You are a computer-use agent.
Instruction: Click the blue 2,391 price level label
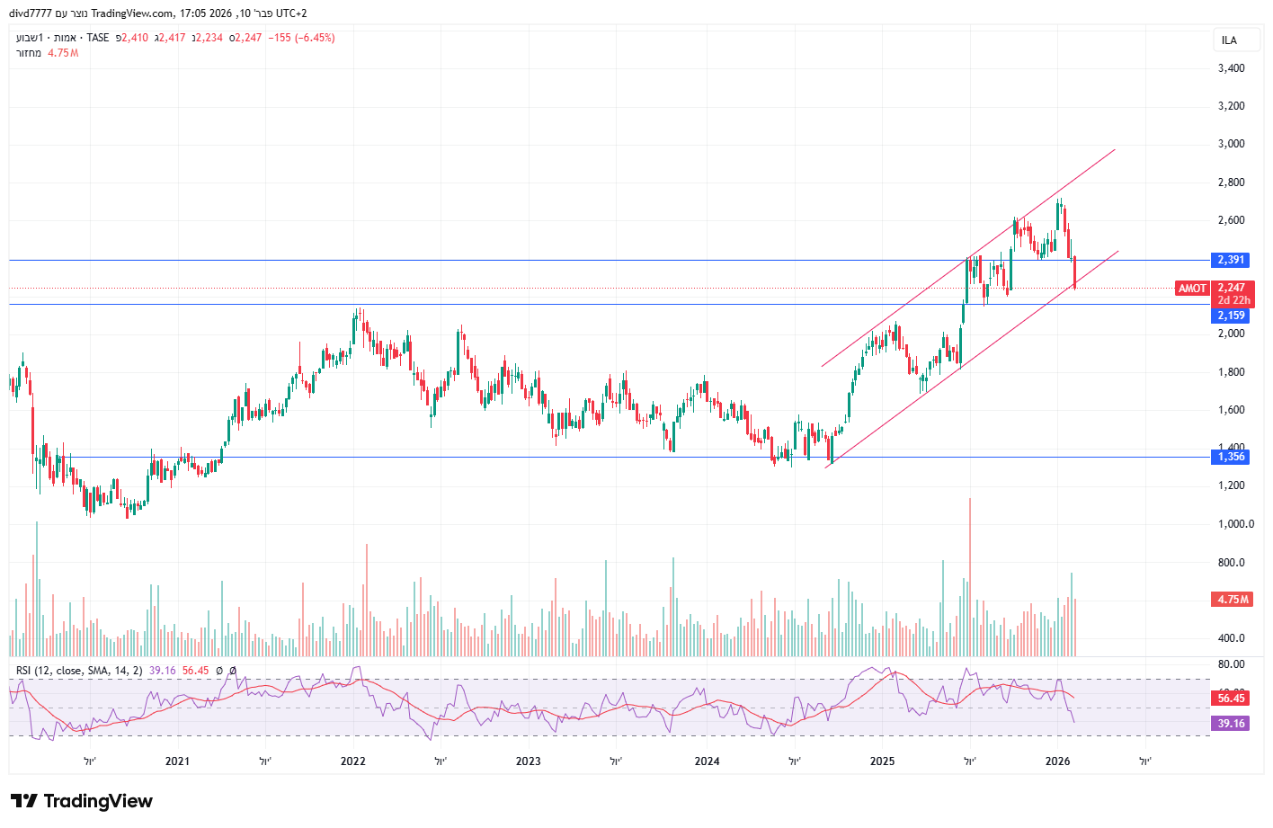click(1231, 260)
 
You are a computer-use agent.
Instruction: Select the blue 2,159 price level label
click(1231, 316)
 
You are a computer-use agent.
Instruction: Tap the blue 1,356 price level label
click(1231, 457)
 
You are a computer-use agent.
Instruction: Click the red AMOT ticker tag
click(1192, 289)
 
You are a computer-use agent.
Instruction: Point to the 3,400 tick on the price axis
click(1231, 68)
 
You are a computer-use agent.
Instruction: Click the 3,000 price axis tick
click(1231, 144)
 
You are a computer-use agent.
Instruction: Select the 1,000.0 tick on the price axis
click(1234, 524)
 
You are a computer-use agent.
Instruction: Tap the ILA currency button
click(1229, 40)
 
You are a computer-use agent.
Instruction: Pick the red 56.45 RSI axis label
click(1231, 699)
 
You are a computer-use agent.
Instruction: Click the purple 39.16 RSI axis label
click(1231, 723)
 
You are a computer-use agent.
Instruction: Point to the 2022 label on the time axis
click(353, 761)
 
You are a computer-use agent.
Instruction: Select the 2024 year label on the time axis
click(708, 761)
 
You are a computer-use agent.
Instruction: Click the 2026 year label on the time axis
click(1058, 761)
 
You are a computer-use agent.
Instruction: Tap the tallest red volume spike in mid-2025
click(970, 575)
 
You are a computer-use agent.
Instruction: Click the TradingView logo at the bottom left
click(82, 801)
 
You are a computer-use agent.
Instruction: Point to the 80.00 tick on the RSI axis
click(1231, 664)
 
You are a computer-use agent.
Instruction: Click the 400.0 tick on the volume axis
click(1231, 638)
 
